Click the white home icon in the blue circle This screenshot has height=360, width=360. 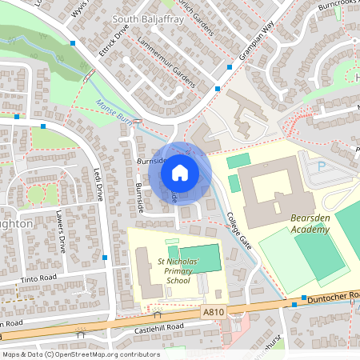(180, 172)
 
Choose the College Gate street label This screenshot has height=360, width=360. (238, 231)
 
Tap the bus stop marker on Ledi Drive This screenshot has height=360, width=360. (105, 258)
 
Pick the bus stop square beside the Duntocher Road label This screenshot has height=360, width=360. (294, 304)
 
